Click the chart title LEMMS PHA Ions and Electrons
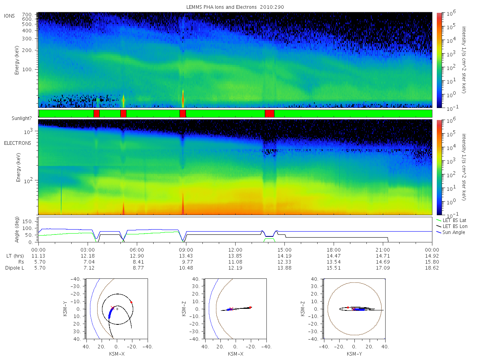221,7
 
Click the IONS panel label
9,16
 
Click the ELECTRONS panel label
18,143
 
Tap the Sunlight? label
22,118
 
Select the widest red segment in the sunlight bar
270,114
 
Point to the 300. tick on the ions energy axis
27,39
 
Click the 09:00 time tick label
186,250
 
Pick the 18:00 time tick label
334,250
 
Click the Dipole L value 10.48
186,268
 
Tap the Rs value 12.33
284,262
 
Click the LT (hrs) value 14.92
432,256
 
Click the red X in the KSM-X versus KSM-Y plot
112,308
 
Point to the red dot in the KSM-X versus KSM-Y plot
131,302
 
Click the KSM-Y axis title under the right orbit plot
354,354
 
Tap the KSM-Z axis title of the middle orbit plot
184,309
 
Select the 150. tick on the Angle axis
27,222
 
